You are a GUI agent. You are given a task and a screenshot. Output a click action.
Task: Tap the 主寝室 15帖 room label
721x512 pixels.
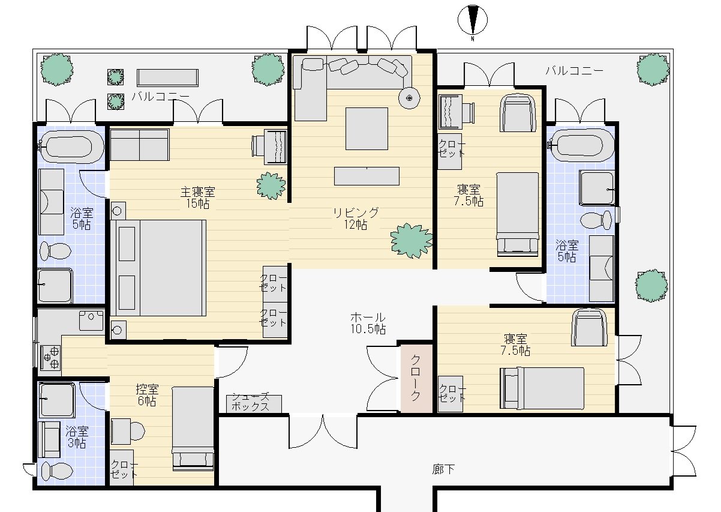[197, 197]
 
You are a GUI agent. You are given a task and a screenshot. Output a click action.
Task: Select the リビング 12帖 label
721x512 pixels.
[356, 218]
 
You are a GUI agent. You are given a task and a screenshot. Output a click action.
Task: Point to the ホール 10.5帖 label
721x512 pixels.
[368, 323]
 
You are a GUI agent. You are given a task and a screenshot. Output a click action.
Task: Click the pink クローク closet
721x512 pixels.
[416, 378]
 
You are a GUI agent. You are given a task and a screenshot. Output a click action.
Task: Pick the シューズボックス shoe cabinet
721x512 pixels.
[254, 403]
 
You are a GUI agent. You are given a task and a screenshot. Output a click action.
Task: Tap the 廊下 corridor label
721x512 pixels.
[443, 469]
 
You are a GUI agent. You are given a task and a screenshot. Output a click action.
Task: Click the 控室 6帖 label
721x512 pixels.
[147, 395]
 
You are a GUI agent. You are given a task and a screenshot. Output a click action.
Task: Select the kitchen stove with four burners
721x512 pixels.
[50, 358]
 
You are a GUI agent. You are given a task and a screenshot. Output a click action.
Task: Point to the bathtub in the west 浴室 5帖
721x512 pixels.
[71, 147]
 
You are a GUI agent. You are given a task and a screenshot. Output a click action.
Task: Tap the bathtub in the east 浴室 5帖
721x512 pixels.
[581, 145]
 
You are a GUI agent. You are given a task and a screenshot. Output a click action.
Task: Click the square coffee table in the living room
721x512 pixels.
[366, 129]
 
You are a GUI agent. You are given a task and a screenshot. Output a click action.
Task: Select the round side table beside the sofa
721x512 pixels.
[409, 98]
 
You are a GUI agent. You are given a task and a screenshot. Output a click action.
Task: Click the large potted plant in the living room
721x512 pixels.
[411, 241]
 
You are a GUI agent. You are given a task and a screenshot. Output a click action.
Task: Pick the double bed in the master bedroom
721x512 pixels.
[158, 268]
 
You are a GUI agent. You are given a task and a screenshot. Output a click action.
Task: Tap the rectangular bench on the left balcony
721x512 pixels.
[167, 77]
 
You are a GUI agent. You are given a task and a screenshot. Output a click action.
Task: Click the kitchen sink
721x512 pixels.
[91, 321]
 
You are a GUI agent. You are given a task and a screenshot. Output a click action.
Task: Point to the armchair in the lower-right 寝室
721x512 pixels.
[589, 328]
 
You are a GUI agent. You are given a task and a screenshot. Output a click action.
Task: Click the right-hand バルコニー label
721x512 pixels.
[574, 70]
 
